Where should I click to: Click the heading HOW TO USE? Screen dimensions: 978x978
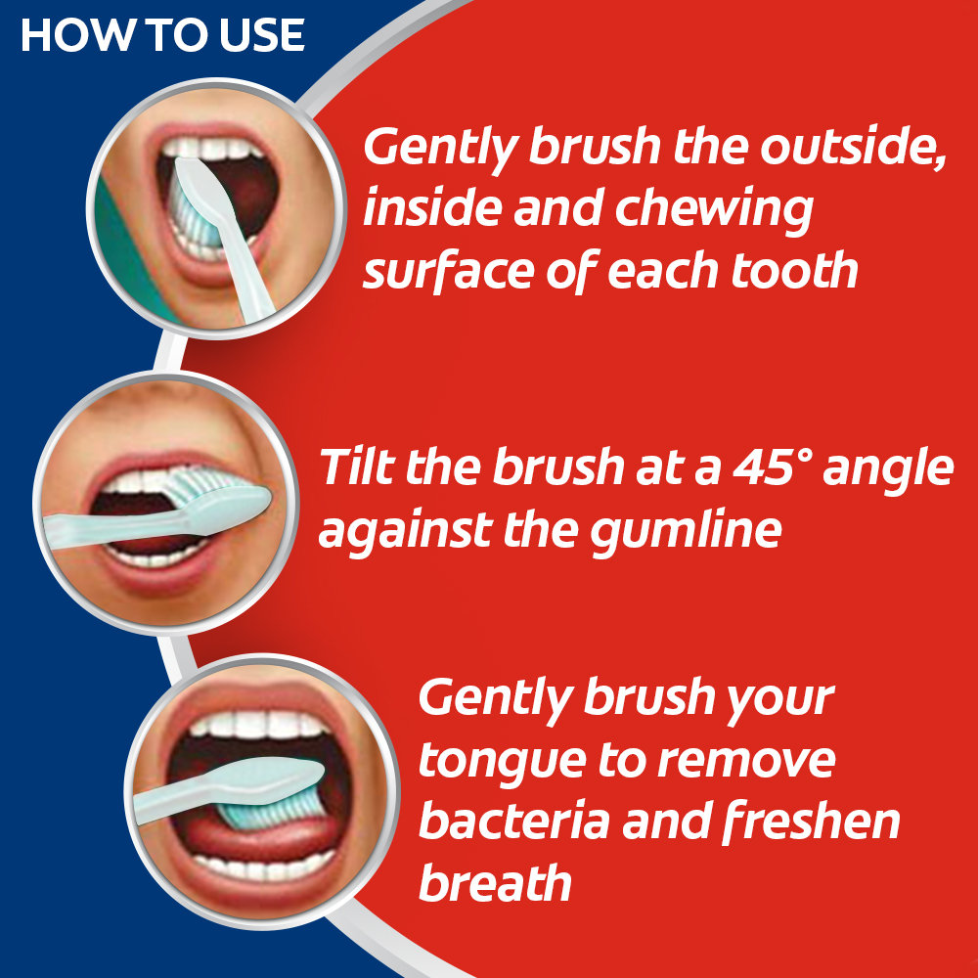click(162, 36)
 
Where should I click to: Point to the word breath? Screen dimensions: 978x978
click(495, 883)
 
